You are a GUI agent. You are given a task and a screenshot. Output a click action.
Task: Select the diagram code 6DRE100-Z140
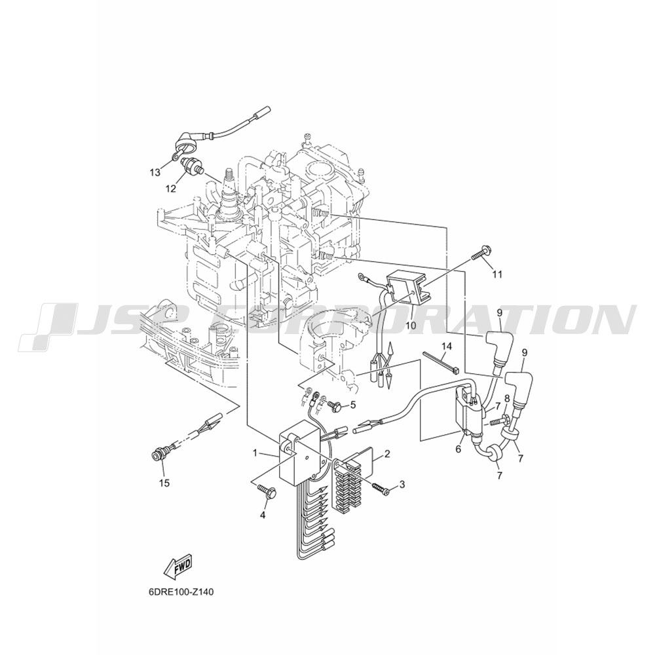click(183, 592)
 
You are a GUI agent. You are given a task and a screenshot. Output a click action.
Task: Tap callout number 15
click(164, 483)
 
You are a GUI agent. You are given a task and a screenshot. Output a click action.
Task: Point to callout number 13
click(155, 172)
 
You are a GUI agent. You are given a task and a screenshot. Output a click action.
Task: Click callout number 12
click(170, 189)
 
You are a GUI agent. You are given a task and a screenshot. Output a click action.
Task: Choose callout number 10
click(411, 325)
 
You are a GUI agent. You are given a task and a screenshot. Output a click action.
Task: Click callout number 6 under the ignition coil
click(458, 449)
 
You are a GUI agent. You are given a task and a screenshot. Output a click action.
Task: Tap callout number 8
click(507, 398)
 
